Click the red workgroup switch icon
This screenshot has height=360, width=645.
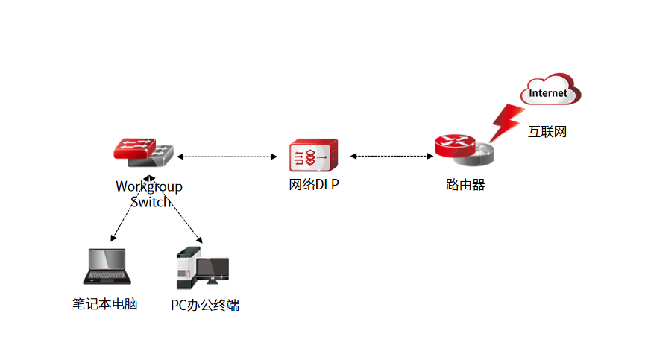click(x=145, y=152)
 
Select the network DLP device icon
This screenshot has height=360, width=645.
click(x=312, y=156)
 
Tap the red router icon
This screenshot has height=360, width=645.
click(x=462, y=151)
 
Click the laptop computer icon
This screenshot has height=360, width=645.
click(x=107, y=266)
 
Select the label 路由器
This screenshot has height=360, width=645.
click(x=465, y=185)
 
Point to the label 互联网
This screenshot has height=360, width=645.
click(x=548, y=132)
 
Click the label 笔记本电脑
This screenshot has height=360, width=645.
click(x=104, y=304)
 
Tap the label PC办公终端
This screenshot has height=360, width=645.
click(x=205, y=305)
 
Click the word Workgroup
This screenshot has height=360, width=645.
click(x=148, y=186)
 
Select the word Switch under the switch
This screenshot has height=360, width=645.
click(x=151, y=201)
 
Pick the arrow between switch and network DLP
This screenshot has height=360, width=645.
click(x=227, y=157)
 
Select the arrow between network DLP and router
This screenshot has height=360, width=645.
click(x=391, y=156)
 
